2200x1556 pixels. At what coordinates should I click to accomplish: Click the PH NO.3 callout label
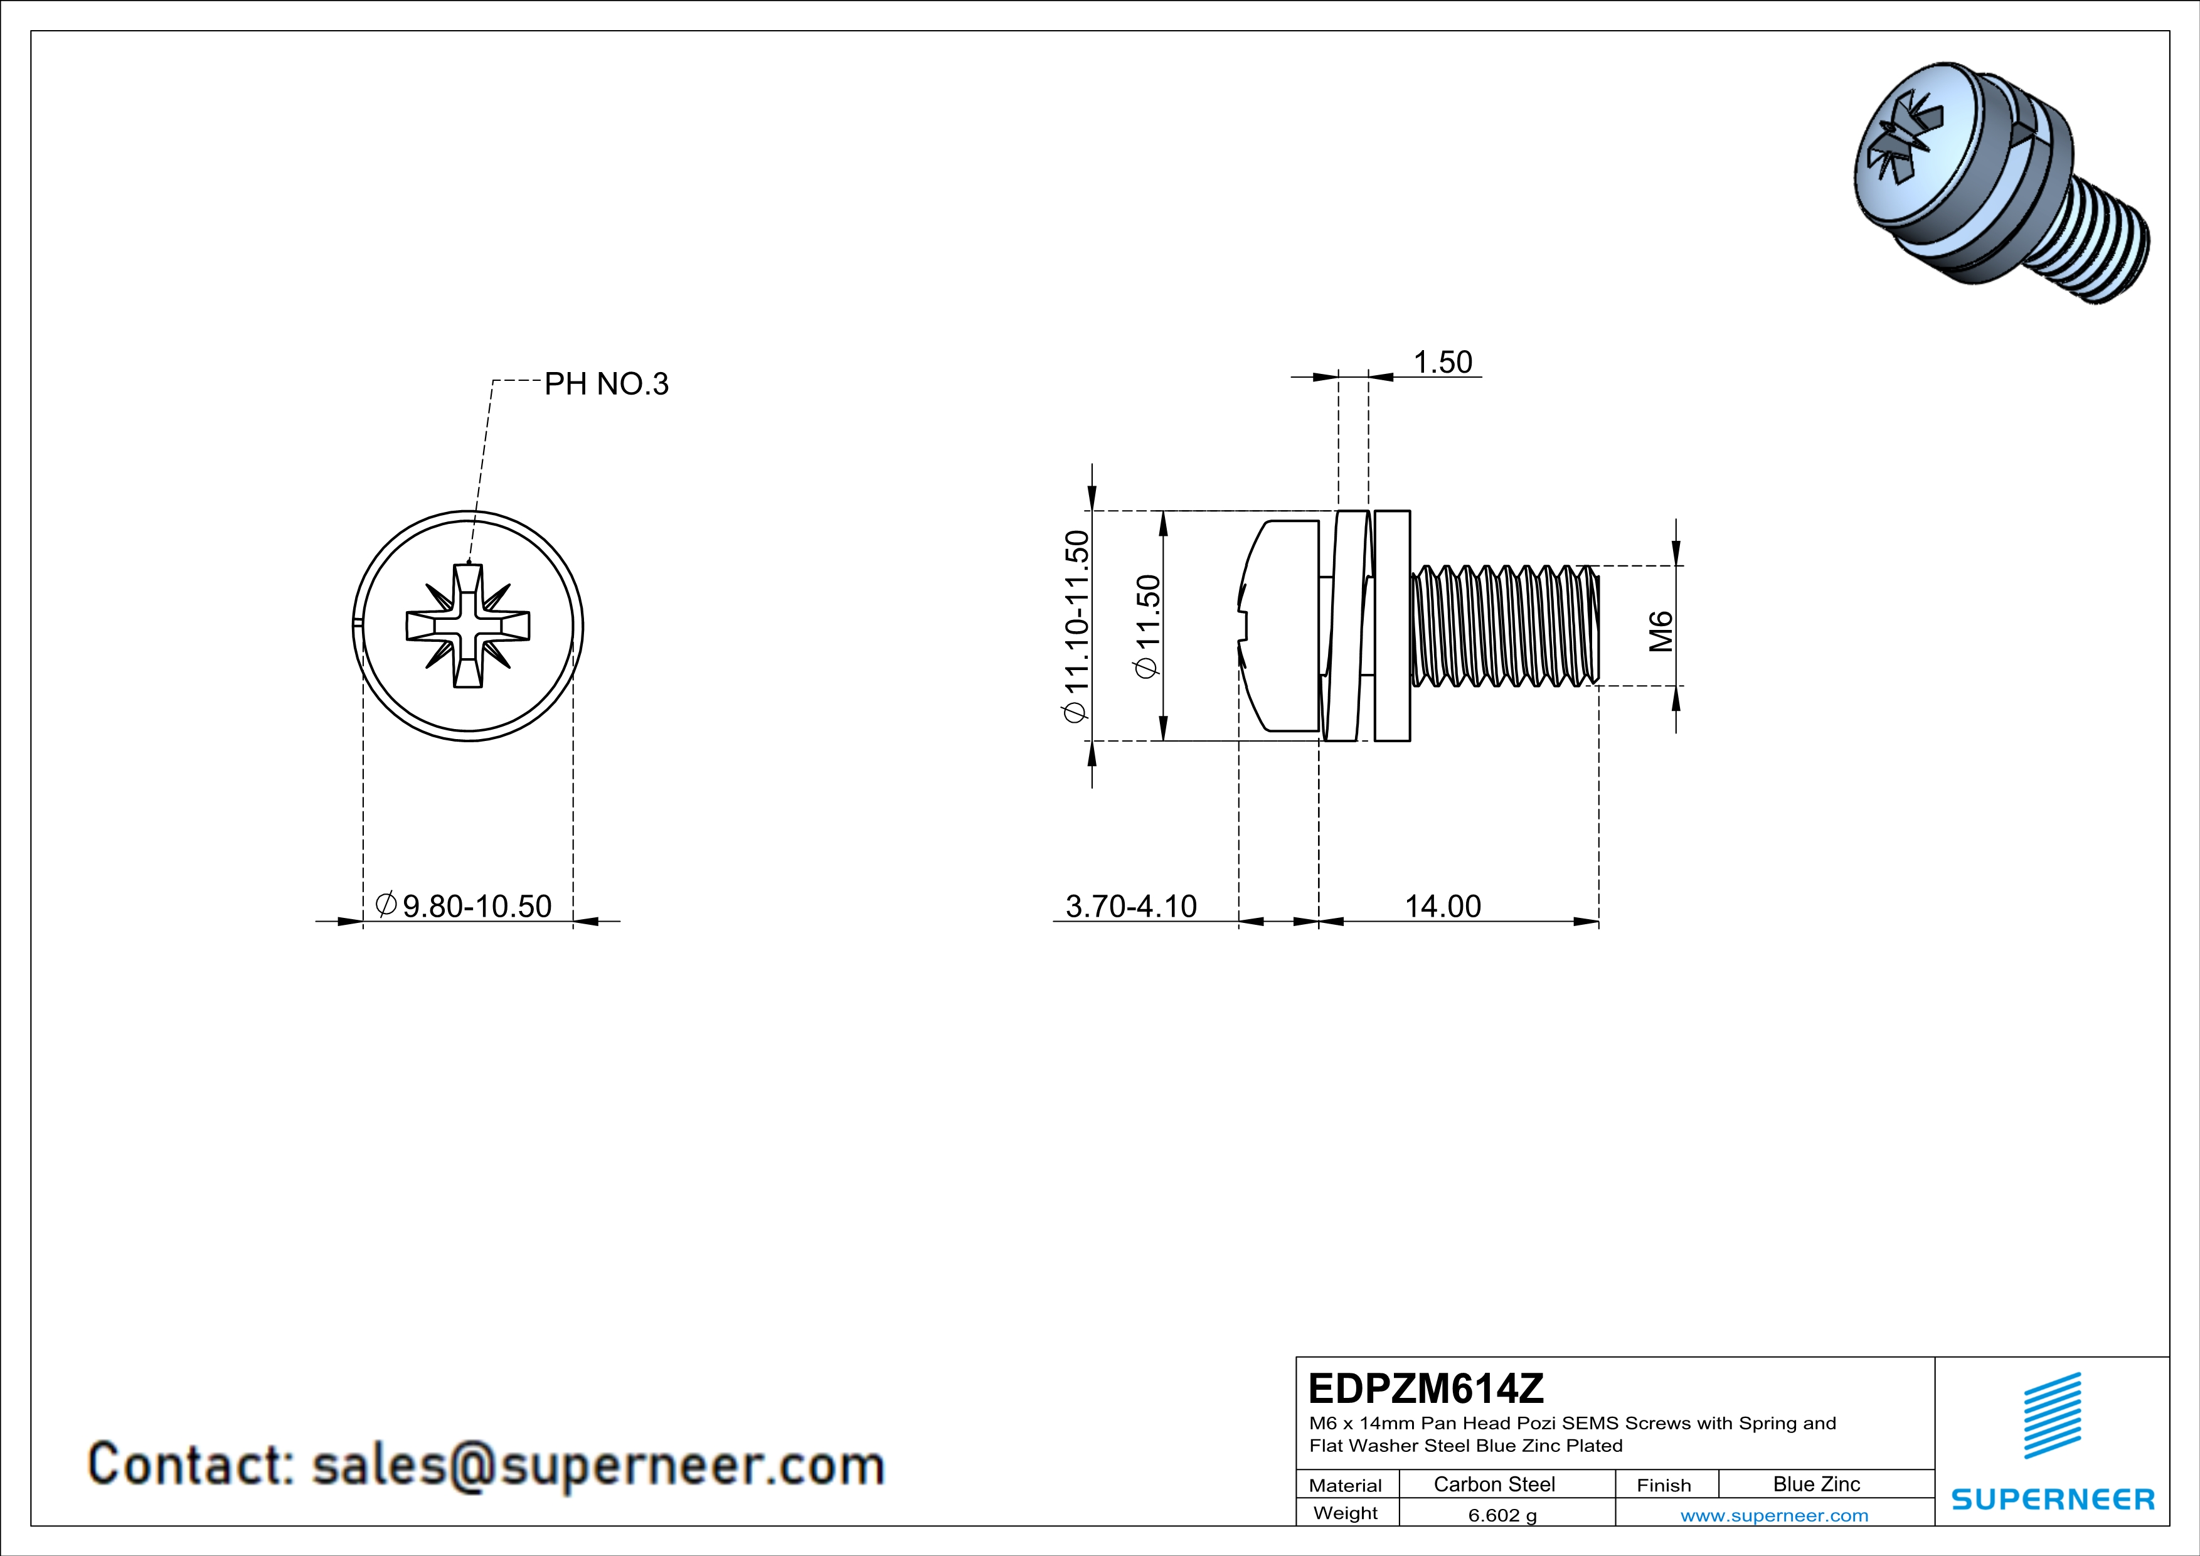click(x=605, y=384)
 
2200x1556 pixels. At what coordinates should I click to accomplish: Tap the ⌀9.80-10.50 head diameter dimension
click(x=465, y=905)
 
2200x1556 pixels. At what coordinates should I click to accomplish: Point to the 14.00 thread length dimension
click(x=1442, y=905)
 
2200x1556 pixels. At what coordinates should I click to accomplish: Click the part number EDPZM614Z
click(x=1426, y=1388)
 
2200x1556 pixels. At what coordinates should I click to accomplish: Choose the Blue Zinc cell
click(x=1815, y=1484)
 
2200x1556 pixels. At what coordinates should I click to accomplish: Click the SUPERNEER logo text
click(x=2053, y=1500)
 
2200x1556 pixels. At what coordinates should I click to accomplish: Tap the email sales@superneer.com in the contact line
click(x=598, y=1465)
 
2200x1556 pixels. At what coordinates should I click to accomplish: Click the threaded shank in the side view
click(x=1504, y=626)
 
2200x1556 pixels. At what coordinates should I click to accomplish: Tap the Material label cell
click(x=1346, y=1485)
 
